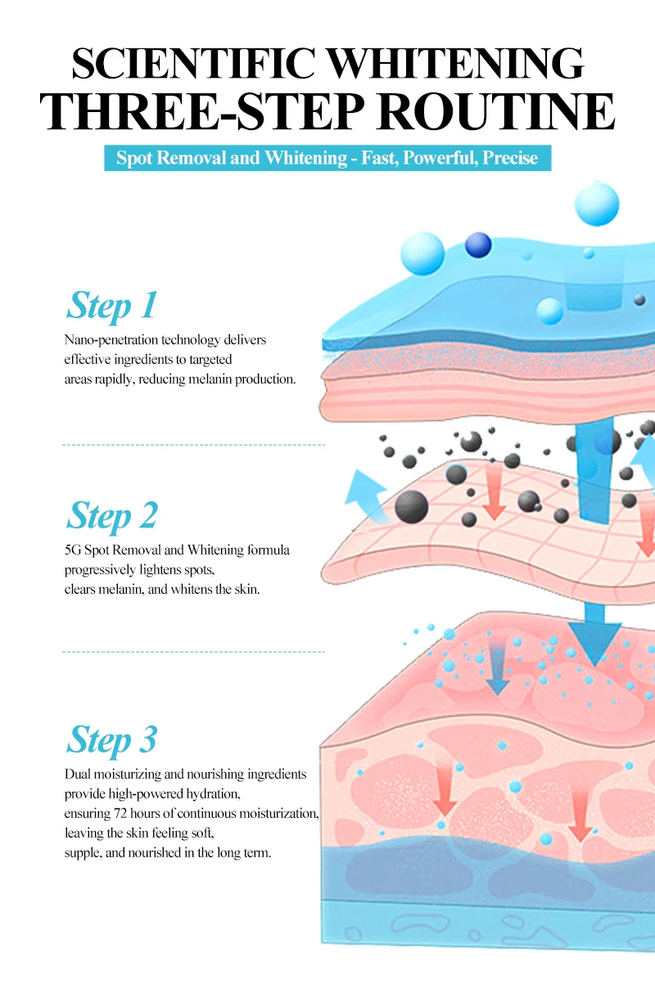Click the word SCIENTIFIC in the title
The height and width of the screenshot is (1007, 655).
pos(194,63)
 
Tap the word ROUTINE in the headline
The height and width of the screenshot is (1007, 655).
pos(496,111)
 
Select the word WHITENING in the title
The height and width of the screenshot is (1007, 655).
pos(457,63)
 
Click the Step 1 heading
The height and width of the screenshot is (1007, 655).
pos(111,306)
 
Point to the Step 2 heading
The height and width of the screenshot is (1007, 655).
pos(112,515)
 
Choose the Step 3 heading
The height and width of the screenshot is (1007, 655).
pos(111,740)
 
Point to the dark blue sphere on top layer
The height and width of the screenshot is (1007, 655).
pos(478,245)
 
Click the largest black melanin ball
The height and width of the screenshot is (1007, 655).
pos(411,506)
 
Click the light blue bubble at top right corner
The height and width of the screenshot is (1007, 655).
pos(597,204)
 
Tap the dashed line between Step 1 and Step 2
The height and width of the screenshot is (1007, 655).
pos(193,445)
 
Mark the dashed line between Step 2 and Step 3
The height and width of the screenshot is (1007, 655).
pos(193,651)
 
